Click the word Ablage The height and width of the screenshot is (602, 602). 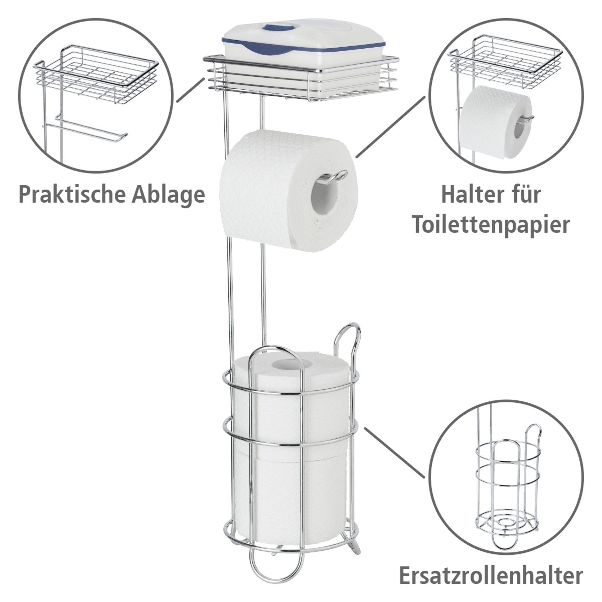(168, 195)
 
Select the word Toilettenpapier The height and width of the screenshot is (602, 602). (491, 225)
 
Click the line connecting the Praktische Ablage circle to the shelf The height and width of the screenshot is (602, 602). (191, 90)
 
